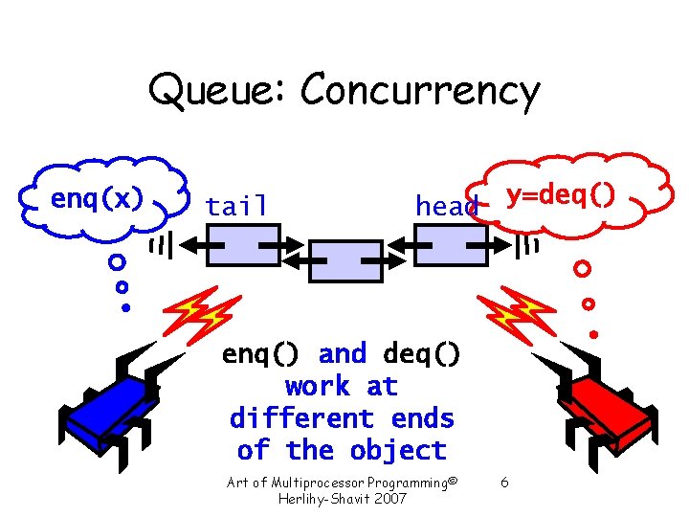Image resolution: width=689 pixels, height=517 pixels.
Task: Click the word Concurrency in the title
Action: point(419,92)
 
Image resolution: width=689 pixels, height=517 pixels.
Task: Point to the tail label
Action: point(236,206)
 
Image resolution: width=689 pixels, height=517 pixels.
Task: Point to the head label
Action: point(446,206)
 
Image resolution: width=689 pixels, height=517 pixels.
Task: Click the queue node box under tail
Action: point(243,245)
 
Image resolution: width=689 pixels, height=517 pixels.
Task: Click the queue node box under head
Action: point(450,245)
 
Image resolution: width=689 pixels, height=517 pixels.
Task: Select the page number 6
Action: point(504,483)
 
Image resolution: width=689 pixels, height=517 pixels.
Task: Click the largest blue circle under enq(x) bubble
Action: point(116,261)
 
